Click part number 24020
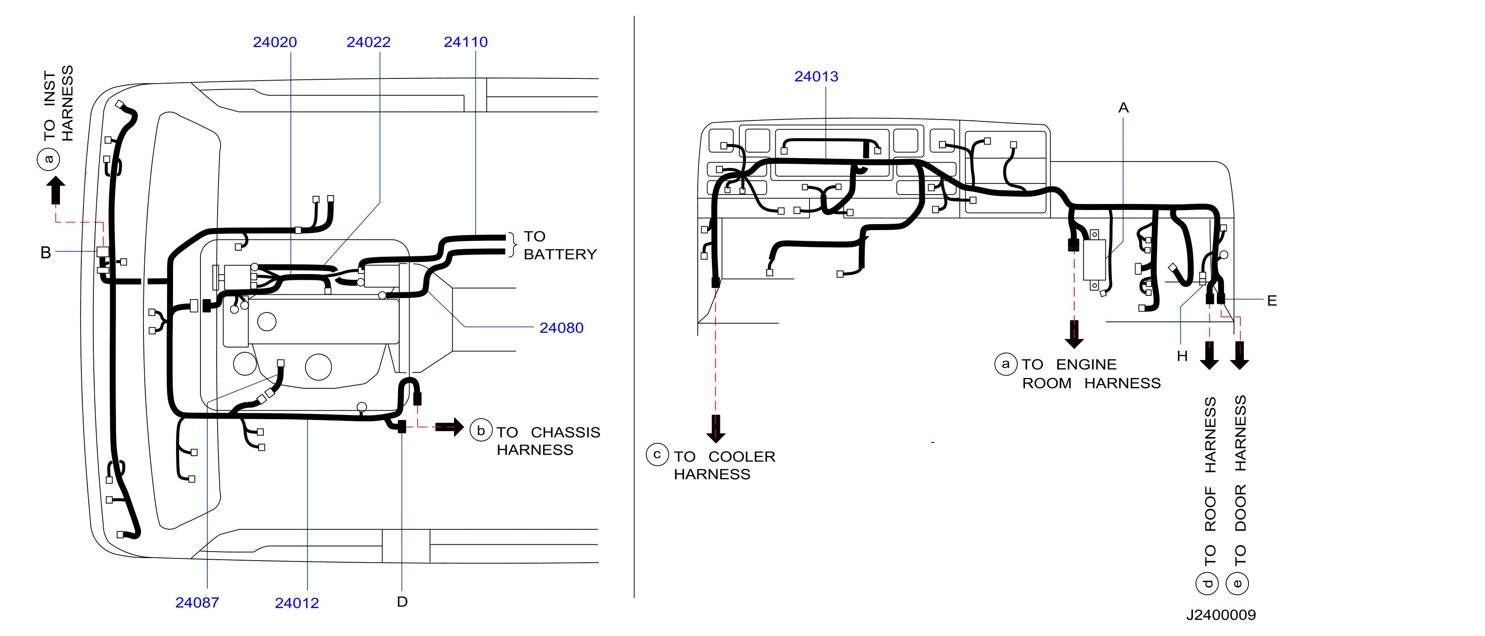pyautogui.click(x=275, y=42)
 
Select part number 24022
pyautogui.click(x=368, y=42)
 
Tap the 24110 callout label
pyautogui.click(x=466, y=42)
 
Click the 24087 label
pyautogui.click(x=197, y=603)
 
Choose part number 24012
pyautogui.click(x=297, y=603)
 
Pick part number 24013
pyautogui.click(x=816, y=77)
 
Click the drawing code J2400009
pyautogui.click(x=1221, y=615)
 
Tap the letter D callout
pyautogui.click(x=402, y=602)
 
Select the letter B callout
pyautogui.click(x=46, y=252)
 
